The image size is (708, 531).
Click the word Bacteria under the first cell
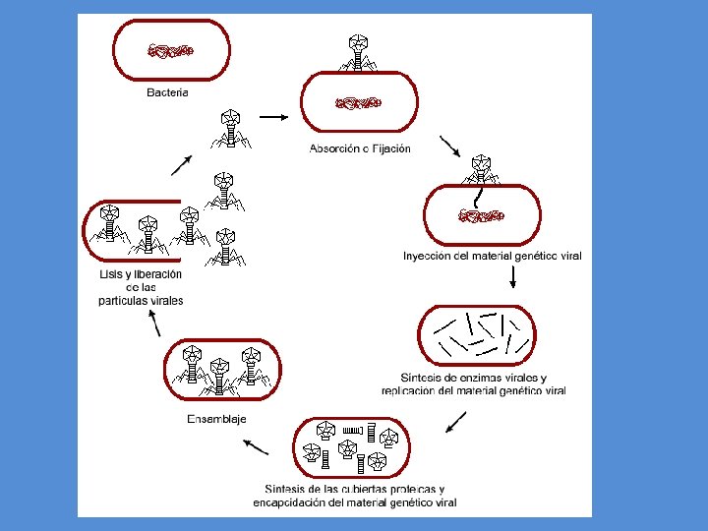[167, 92]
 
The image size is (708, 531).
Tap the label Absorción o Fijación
[360, 148]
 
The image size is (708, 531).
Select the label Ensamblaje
[216, 419]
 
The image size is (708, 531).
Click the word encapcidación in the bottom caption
[288, 502]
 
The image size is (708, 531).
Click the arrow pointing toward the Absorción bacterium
[273, 117]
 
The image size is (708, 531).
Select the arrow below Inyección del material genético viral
[513, 276]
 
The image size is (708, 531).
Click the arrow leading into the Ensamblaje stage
[256, 447]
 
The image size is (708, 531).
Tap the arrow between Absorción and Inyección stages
[450, 147]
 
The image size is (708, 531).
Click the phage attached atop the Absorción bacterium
[358, 53]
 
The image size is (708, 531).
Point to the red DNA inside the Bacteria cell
[171, 50]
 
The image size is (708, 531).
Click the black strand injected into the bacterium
[478, 198]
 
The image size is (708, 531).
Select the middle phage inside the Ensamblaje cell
[219, 377]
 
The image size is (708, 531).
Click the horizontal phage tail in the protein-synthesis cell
[353, 431]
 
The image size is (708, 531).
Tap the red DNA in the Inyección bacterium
[481, 215]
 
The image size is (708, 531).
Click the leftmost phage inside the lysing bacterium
[110, 223]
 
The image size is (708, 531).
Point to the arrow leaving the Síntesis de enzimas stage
[455, 422]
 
